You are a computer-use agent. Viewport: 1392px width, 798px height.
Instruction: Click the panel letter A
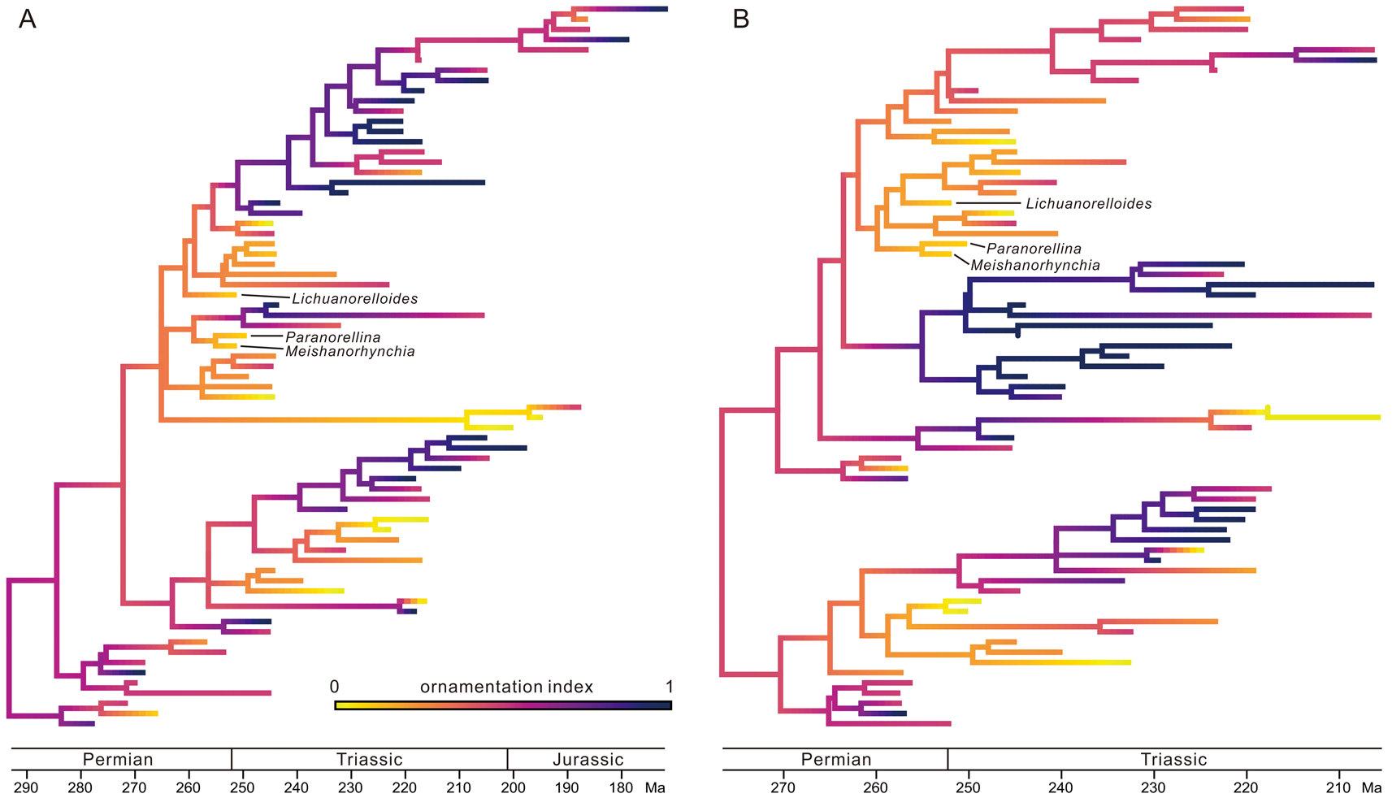tap(28, 20)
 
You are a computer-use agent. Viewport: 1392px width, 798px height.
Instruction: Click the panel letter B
tap(741, 20)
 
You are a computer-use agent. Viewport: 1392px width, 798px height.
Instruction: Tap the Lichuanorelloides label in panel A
tap(355, 299)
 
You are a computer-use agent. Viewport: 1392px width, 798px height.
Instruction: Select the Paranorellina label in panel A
tap(333, 337)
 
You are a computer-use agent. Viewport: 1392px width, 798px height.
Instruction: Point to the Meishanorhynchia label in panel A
tap(350, 352)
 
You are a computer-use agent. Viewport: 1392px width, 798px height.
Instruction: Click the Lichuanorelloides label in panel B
tap(1089, 204)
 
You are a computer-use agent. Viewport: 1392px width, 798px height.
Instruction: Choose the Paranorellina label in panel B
tap(1034, 249)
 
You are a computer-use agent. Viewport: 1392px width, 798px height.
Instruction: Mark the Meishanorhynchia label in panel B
tap(1035, 266)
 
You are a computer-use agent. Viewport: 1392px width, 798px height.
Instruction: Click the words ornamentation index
tap(506, 687)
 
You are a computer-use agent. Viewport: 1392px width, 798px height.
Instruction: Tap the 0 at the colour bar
tap(334, 687)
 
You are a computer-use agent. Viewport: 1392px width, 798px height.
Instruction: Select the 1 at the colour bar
tap(670, 687)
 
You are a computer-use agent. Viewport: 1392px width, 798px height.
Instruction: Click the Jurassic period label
tap(588, 760)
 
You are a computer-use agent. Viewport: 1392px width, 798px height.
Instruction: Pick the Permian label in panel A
tap(118, 760)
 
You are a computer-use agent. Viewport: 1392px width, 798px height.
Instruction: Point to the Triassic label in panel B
tap(1174, 760)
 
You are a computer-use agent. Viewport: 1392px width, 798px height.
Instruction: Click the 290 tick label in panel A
tap(26, 788)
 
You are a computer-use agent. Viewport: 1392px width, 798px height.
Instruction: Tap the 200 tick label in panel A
tap(514, 788)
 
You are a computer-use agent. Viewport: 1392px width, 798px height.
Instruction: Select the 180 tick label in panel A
tap(622, 788)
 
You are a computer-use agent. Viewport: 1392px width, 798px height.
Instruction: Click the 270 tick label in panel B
tap(783, 788)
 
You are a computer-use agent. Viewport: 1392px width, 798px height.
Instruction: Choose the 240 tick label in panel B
tap(1060, 788)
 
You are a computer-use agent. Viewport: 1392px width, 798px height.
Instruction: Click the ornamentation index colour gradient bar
tap(503, 705)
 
